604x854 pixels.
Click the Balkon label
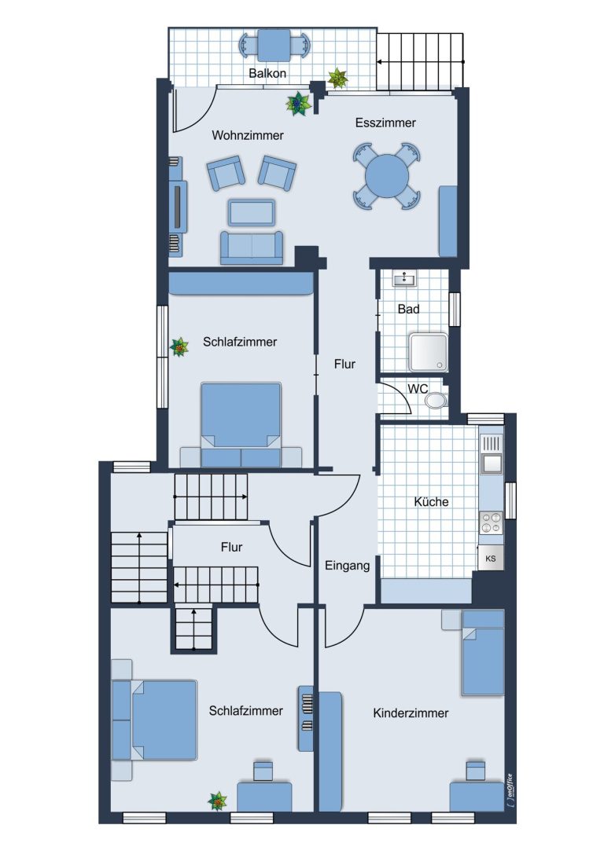(x=267, y=73)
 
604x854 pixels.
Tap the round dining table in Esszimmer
(x=386, y=177)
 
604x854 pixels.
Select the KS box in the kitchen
(x=491, y=559)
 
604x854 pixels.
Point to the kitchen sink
(x=491, y=463)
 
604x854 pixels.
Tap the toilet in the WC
(x=436, y=401)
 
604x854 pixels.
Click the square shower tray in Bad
(x=429, y=353)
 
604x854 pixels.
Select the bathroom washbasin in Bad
(x=404, y=279)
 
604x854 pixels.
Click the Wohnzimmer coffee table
(x=252, y=212)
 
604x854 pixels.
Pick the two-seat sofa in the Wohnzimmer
(x=252, y=247)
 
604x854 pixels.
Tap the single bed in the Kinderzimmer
(x=483, y=653)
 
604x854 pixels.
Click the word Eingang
(x=348, y=566)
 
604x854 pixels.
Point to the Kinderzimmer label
(x=411, y=713)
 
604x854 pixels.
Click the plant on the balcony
(x=338, y=78)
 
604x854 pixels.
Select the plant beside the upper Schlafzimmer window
(x=179, y=346)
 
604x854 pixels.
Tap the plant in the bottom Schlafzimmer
(x=218, y=801)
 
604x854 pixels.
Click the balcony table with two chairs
(x=274, y=46)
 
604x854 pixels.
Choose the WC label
(x=418, y=389)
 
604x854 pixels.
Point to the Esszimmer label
(x=385, y=123)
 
